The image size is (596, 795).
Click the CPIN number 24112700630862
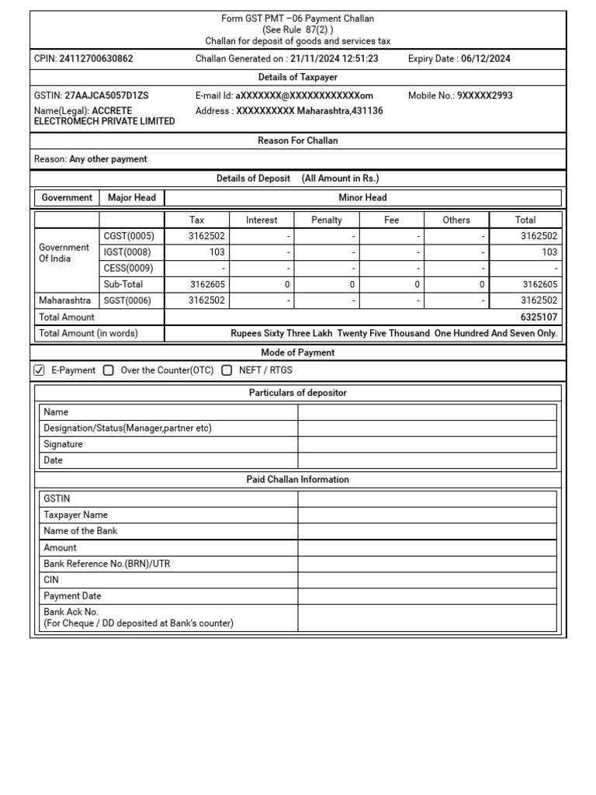click(95, 59)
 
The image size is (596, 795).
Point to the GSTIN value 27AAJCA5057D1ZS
click(106, 95)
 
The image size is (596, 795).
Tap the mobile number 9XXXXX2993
click(484, 95)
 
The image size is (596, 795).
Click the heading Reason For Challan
click(297, 141)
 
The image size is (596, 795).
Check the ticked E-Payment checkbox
click(40, 370)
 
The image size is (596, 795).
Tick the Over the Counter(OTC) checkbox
click(109, 370)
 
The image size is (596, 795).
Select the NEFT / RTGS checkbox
click(227, 370)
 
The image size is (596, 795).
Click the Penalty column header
click(327, 220)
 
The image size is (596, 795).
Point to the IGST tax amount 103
click(217, 252)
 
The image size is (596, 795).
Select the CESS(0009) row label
click(129, 269)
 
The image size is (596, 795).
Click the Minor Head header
click(362, 198)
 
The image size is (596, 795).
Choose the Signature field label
click(64, 445)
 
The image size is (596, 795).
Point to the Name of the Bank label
click(81, 531)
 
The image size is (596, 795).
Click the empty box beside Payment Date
click(427, 596)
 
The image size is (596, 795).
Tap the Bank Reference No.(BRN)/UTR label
click(107, 564)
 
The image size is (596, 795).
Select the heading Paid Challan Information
click(297, 480)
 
